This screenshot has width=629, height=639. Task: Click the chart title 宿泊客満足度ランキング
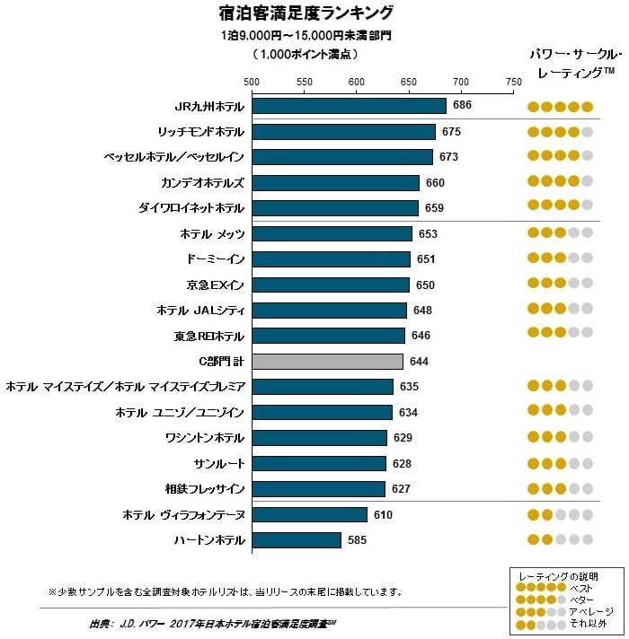click(306, 13)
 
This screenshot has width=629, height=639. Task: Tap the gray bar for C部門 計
click(327, 362)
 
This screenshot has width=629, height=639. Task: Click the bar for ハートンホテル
click(297, 540)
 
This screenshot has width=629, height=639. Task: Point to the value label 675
click(451, 132)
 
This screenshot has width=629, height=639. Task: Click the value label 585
click(358, 540)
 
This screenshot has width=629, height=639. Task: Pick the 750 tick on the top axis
click(513, 82)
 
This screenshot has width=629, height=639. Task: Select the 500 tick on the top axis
click(252, 82)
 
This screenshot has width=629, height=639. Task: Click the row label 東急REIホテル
click(208, 337)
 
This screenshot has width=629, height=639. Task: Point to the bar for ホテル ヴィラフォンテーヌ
click(310, 514)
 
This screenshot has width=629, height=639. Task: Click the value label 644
click(419, 362)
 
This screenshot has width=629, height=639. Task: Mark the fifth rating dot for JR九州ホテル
click(587, 107)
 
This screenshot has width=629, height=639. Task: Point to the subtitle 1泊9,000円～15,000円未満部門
click(306, 37)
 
